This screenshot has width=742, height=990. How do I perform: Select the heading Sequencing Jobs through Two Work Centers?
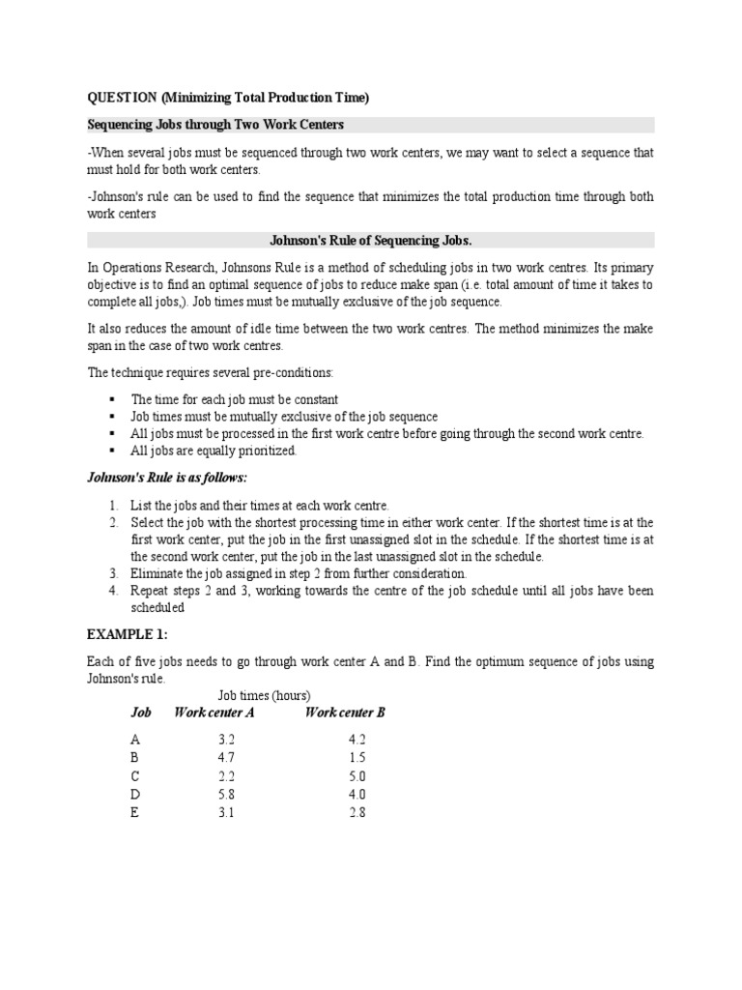[x=216, y=125]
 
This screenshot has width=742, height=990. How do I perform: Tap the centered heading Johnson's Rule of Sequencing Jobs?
[x=370, y=240]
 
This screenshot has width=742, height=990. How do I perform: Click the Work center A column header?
[x=214, y=713]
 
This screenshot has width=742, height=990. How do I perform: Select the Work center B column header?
[x=345, y=713]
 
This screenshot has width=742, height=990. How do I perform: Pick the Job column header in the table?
[x=141, y=713]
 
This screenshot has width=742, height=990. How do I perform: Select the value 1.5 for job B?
[x=357, y=758]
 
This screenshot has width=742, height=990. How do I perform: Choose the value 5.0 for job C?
[x=357, y=776]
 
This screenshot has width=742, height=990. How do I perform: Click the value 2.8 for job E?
[x=357, y=813]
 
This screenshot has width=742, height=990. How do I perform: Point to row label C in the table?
[x=135, y=776]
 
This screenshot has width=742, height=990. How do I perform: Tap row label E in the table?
[x=135, y=813]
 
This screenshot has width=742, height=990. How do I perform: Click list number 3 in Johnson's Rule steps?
[x=113, y=573]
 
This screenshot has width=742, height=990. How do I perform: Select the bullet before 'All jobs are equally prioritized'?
[x=112, y=451]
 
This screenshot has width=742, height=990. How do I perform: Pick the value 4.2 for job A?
[x=357, y=740]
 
